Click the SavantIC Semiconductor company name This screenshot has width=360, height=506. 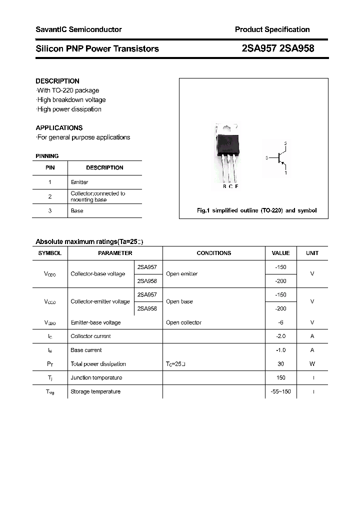click(78, 29)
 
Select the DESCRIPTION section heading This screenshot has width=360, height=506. click(57, 81)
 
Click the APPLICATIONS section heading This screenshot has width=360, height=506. click(59, 127)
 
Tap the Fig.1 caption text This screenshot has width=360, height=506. click(256, 210)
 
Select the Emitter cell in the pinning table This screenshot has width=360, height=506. click(79, 182)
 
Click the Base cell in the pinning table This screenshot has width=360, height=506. click(77, 211)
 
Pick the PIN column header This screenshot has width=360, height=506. click(50, 168)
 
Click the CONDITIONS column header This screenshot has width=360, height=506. click(213, 253)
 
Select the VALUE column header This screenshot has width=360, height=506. click(280, 253)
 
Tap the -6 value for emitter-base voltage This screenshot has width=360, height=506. click(280, 322)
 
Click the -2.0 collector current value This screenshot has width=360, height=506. click(280, 336)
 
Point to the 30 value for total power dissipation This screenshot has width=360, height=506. click(280, 364)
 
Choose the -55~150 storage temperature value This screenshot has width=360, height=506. click(280, 391)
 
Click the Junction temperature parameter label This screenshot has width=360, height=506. click(96, 378)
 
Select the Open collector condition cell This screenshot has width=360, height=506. click(183, 322)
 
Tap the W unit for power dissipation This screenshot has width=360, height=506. click(312, 364)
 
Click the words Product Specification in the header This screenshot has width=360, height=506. click(272, 29)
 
